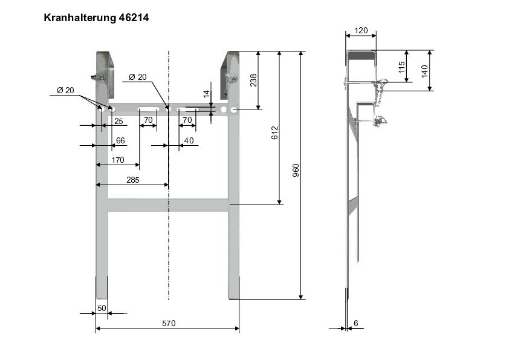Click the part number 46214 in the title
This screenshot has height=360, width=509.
coord(132,18)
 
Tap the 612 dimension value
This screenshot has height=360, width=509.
coord(274,134)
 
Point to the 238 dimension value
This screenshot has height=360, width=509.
coord(253,80)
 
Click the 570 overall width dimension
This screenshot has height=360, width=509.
coord(168,324)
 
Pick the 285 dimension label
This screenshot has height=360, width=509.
coord(132,180)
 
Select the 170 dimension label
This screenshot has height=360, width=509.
coord(118,160)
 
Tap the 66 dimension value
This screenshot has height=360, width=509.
coord(120,140)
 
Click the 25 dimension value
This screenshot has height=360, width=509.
coord(118,122)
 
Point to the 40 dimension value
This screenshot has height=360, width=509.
coord(189,140)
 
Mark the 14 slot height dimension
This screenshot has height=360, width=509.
coord(206,94)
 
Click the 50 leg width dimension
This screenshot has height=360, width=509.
coord(102,309)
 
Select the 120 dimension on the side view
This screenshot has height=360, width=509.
coord(360,30)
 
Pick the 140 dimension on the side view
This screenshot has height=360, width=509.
coord(425,71)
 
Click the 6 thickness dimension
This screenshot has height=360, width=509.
coord(355,324)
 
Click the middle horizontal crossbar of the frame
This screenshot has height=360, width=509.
coord(168,205)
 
